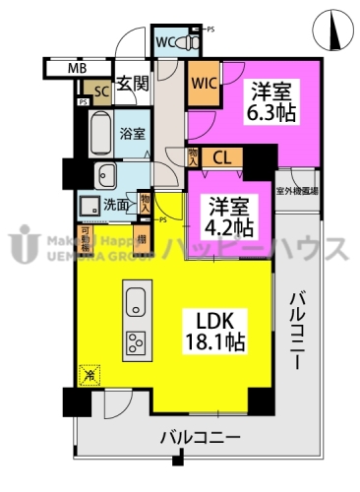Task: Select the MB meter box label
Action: pyautogui.click(x=76, y=69)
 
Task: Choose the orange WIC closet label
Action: pyautogui.click(x=205, y=83)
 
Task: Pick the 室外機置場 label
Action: pyautogui.click(x=297, y=192)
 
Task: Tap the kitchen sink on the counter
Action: pyautogui.click(x=135, y=301)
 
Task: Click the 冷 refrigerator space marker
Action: pyautogui.click(x=89, y=374)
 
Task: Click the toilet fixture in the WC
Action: pyautogui.click(x=191, y=43)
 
